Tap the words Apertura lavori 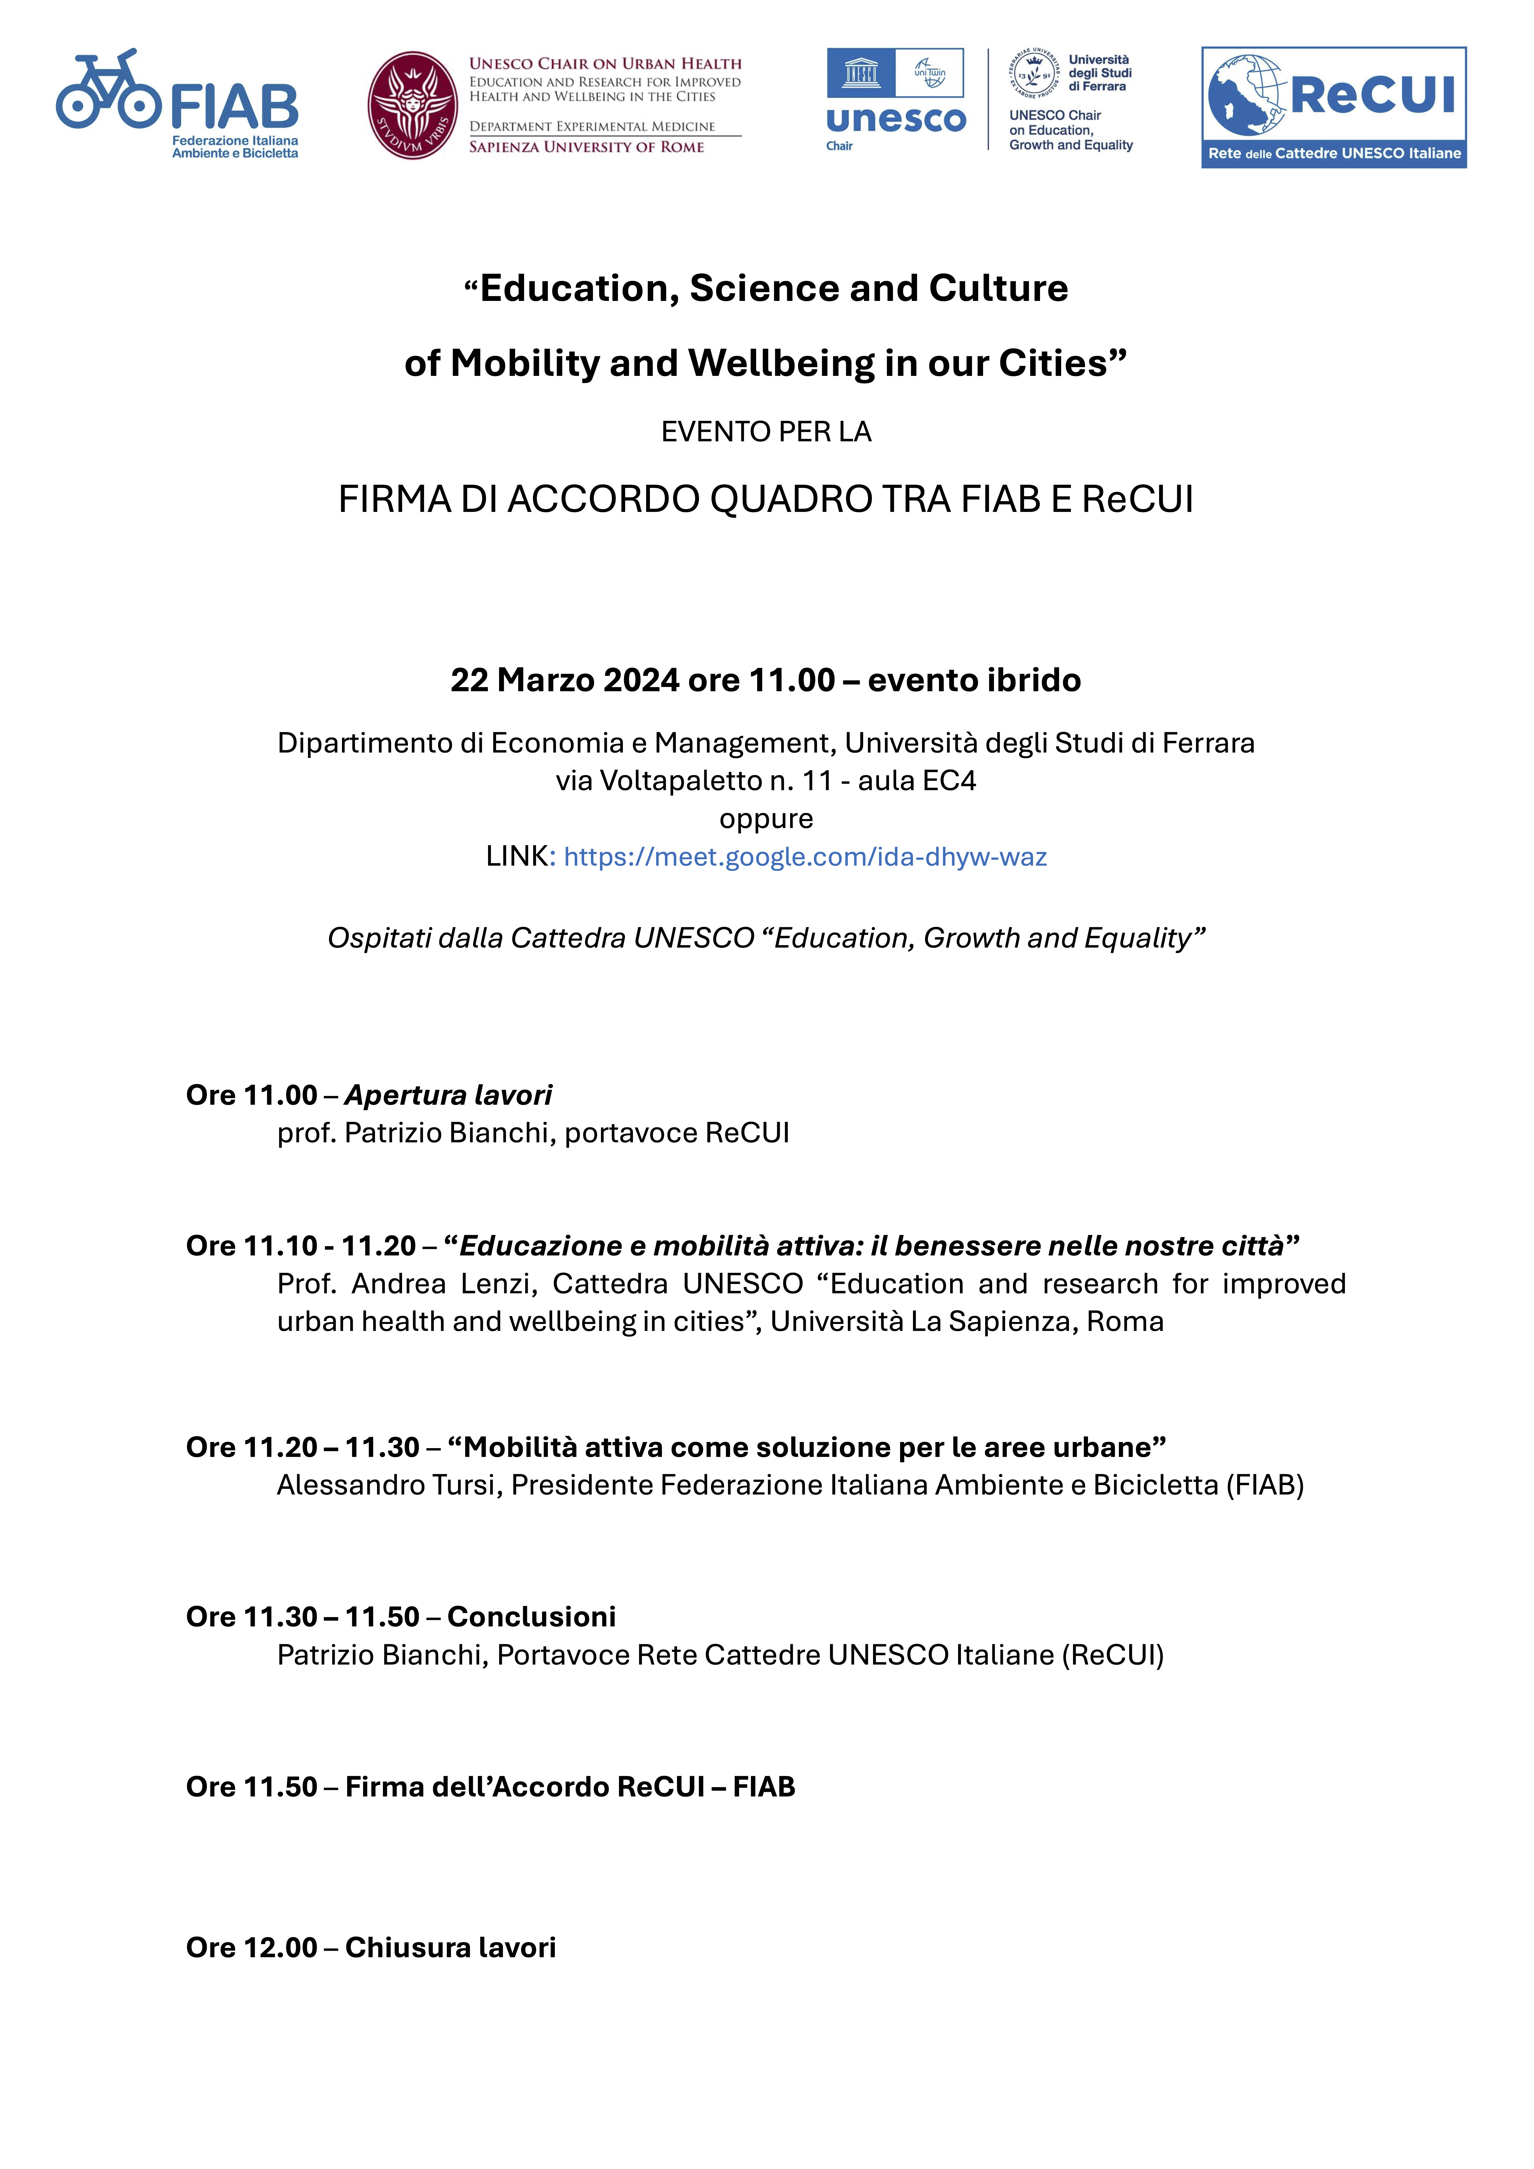coord(448,1095)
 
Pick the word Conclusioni coord(531,1616)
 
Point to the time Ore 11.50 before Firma coord(252,1786)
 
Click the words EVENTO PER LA coord(766,432)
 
